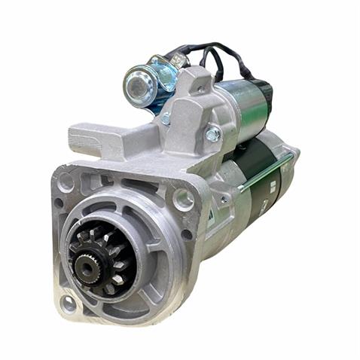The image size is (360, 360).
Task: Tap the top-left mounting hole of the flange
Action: pos(66,182)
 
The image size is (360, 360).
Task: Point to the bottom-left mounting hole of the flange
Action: pos(69,304)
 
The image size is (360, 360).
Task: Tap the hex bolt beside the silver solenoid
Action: pos(213,135)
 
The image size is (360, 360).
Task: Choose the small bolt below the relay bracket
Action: pos(166,118)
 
